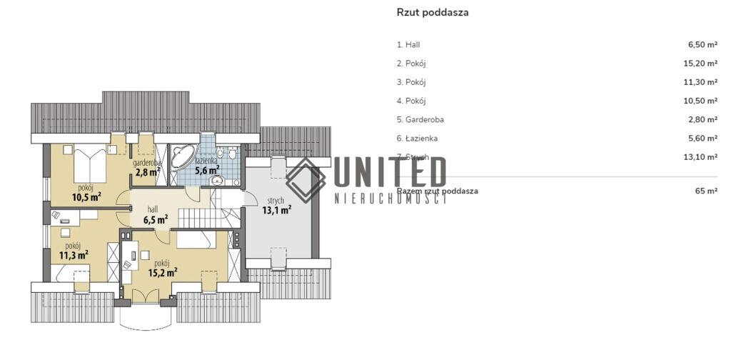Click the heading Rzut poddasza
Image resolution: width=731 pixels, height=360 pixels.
pyautogui.click(x=432, y=12)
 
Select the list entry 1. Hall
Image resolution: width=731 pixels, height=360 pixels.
pyautogui.click(x=413, y=44)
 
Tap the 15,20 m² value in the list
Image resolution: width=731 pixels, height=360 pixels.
pyautogui.click(x=700, y=63)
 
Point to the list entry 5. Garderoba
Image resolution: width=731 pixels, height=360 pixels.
pyautogui.click(x=425, y=119)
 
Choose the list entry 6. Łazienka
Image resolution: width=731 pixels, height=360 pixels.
pyautogui.click(x=422, y=138)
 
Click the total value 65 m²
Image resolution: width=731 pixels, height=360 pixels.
pyautogui.click(x=706, y=191)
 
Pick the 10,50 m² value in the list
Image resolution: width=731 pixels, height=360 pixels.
pyautogui.click(x=700, y=101)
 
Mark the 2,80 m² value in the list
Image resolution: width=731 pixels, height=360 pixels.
pyautogui.click(x=702, y=119)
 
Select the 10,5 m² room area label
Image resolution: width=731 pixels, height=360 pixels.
pyautogui.click(x=86, y=198)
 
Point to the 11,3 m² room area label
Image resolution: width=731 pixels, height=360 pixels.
pyautogui.click(x=73, y=254)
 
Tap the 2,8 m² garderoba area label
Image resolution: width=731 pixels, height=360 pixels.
pyautogui.click(x=146, y=171)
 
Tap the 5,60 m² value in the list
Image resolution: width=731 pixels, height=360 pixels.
pyautogui.click(x=702, y=138)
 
